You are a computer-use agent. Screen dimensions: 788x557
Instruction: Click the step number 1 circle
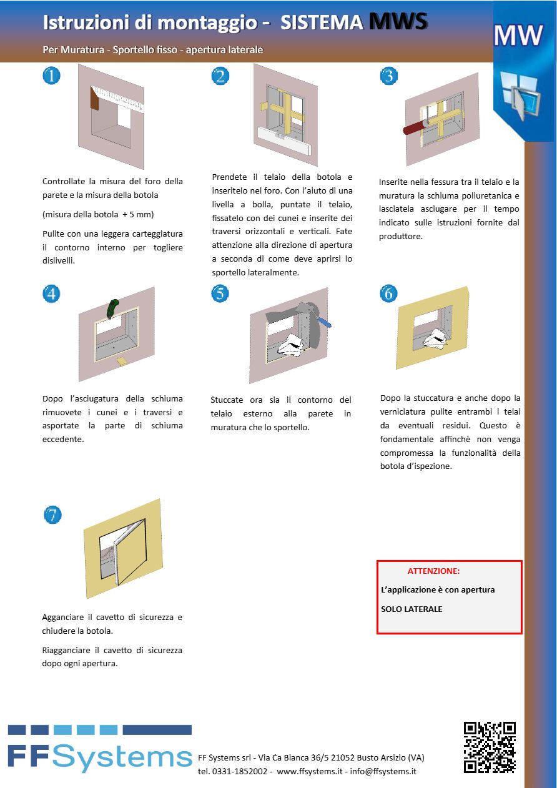point(51,76)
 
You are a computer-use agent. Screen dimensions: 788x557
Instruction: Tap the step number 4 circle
point(51,293)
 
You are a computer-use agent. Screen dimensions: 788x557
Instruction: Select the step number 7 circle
point(52,515)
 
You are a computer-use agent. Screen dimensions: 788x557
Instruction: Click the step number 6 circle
point(388,293)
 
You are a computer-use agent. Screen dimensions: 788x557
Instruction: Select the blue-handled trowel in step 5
point(324,322)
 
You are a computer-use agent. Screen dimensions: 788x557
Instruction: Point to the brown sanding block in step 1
point(95,98)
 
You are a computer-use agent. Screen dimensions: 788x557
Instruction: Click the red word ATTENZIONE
point(433,571)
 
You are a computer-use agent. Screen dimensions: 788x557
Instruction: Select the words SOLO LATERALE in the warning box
point(412,609)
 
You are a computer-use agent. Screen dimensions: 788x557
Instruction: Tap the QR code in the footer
point(489,747)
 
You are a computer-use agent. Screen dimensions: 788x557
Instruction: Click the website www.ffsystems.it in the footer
point(309,771)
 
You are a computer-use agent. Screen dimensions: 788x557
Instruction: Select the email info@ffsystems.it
point(383,771)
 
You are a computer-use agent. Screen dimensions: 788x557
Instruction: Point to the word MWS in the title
point(398,22)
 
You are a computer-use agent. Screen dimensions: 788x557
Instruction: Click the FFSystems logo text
point(100,757)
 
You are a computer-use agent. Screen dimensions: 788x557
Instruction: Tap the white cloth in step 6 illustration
point(436,338)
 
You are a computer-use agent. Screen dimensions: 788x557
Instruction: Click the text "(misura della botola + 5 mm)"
point(98,214)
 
